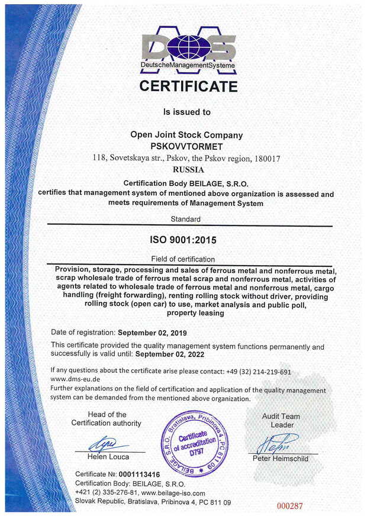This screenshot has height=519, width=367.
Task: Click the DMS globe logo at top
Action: [x=188, y=46]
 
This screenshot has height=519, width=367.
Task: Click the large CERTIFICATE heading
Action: [x=188, y=86]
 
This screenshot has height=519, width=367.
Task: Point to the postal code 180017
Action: [x=267, y=158]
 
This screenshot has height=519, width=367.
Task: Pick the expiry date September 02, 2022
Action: [x=170, y=354]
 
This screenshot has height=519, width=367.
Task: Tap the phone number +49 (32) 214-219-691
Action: [x=259, y=372]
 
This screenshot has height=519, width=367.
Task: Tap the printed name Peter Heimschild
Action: [x=281, y=459]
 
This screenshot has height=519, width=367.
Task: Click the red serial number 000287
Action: [x=289, y=505]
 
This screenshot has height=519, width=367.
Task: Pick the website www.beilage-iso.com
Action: [x=173, y=493]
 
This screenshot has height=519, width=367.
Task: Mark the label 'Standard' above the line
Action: [x=185, y=219]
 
